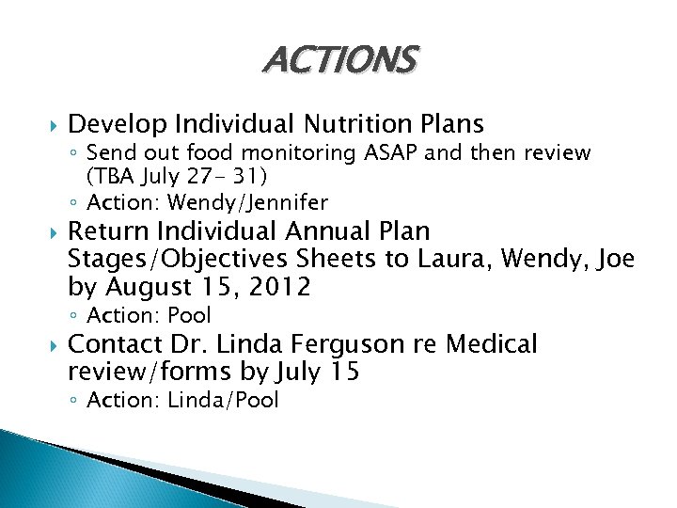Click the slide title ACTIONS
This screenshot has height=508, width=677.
(338, 60)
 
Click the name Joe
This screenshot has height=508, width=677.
(614, 259)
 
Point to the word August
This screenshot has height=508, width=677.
(151, 287)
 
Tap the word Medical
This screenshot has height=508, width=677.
(491, 345)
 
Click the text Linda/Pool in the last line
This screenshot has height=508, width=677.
(223, 401)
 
